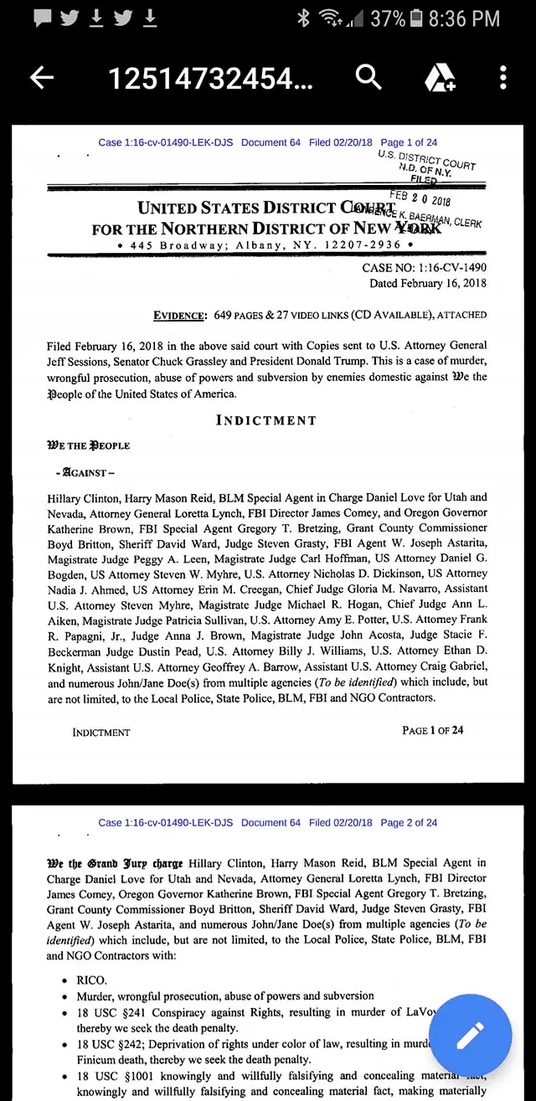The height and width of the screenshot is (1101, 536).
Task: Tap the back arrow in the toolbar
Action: point(42,79)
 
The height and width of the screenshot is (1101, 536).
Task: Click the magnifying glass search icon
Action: point(368,78)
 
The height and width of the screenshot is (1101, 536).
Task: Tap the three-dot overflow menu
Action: point(502,78)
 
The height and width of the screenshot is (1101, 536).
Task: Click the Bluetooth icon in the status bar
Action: point(304,18)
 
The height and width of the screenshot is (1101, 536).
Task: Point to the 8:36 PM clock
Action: point(464,18)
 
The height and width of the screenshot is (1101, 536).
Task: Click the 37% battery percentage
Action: point(388,18)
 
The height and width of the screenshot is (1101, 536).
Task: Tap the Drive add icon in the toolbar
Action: point(440,79)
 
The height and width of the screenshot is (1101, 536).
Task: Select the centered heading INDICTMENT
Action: point(266,420)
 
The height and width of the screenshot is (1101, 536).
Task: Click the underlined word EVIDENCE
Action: point(180,316)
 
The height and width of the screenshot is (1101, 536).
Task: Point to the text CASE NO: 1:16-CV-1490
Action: point(424,268)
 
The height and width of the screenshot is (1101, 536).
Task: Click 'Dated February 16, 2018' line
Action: point(428,284)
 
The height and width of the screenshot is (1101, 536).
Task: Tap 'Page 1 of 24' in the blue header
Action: point(409,142)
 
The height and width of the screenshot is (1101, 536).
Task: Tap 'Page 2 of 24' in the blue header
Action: point(409,823)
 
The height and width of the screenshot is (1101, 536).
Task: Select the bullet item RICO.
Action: point(91,980)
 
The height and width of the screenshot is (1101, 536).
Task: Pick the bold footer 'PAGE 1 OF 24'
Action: point(432,730)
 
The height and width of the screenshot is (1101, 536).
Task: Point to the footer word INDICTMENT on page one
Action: point(101,733)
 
